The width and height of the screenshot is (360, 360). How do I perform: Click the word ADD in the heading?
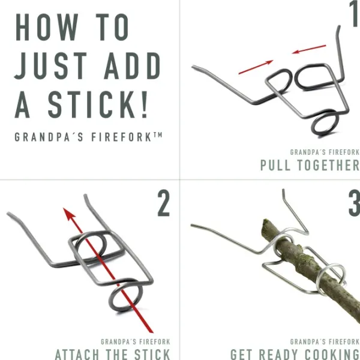(133, 65)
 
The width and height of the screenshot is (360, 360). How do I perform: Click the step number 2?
(163, 203)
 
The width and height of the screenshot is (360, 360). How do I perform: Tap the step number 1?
(355, 13)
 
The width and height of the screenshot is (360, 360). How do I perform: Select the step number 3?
(355, 203)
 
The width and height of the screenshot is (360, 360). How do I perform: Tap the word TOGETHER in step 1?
(328, 165)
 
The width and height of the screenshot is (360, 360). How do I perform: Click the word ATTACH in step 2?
(77, 355)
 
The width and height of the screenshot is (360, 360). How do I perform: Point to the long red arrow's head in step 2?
(68, 214)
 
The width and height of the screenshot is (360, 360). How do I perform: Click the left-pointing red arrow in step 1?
(309, 49)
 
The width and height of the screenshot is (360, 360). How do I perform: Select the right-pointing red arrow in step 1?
(256, 67)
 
